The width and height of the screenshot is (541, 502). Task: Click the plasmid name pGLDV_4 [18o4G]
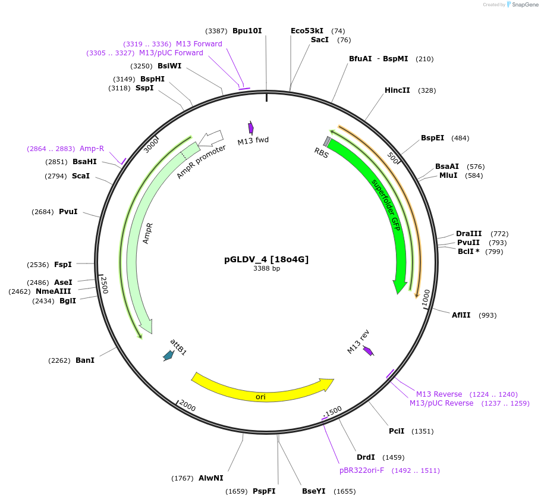[266, 259]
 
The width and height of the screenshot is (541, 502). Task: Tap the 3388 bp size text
[266, 269]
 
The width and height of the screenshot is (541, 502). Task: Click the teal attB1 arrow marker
[168, 356]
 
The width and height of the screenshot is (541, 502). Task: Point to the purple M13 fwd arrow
[251, 127]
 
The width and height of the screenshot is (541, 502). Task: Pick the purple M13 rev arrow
[368, 351]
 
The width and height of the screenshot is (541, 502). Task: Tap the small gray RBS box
[327, 141]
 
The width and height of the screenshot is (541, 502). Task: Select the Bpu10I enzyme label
[247, 31]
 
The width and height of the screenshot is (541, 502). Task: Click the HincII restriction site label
[397, 90]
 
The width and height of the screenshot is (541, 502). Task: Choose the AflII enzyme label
[461, 315]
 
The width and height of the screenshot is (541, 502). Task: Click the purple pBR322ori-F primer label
[361, 470]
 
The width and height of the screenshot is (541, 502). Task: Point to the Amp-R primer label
[92, 149]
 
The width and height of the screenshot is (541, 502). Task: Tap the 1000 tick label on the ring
[426, 299]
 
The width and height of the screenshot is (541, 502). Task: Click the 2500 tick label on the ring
[104, 284]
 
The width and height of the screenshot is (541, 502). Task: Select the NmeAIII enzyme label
[53, 291]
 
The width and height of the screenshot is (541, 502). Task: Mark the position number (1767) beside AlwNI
[182, 478]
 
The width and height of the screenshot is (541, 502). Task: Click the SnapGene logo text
[524, 4]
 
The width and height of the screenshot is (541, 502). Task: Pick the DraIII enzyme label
[468, 234]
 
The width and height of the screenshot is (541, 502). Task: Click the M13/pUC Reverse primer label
[441, 403]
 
